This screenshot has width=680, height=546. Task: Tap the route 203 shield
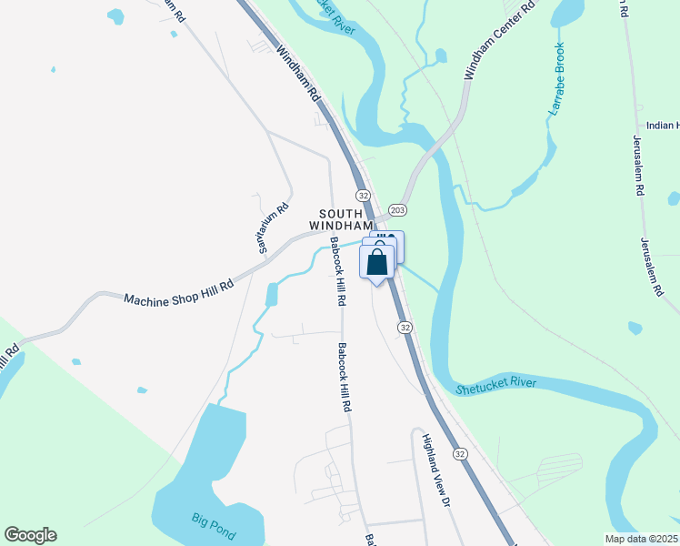[x=397, y=210]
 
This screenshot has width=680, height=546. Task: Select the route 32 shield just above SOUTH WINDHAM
[x=363, y=196]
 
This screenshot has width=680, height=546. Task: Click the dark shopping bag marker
[x=377, y=264]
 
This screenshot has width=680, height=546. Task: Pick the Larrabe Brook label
[x=556, y=78]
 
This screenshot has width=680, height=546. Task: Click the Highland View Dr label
[x=435, y=469]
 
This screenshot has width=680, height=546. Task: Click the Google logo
[x=30, y=535]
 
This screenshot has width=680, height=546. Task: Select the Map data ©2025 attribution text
[x=641, y=539]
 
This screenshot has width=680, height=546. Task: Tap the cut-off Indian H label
[x=663, y=126]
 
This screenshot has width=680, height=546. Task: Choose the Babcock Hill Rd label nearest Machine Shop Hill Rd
[x=337, y=270]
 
